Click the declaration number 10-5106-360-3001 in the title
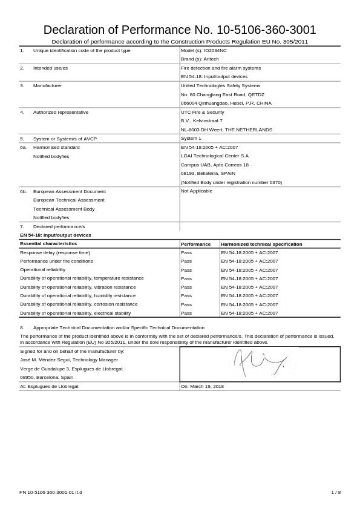pyautogui.click(x=266, y=30)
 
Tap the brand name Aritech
pyautogui.click(x=211, y=59)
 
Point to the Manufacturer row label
pyautogui.click(x=47, y=85)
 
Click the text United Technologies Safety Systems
pyautogui.click(x=220, y=85)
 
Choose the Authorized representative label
pyautogui.click(x=61, y=112)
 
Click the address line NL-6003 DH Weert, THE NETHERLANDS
pyautogui.click(x=226, y=130)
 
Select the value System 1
pyautogui.click(x=191, y=138)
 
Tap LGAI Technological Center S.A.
pyautogui.click(x=215, y=156)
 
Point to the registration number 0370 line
pyautogui.click(x=231, y=182)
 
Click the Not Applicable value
pyautogui.click(x=196, y=191)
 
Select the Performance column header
pyautogui.click(x=195, y=244)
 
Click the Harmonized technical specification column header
pyautogui.click(x=261, y=244)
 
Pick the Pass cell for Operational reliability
pyautogui.click(x=186, y=270)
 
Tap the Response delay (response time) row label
pyautogui.click(x=55, y=252)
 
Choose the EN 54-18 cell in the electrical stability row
pyautogui.click(x=249, y=313)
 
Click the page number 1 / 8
pyautogui.click(x=336, y=492)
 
